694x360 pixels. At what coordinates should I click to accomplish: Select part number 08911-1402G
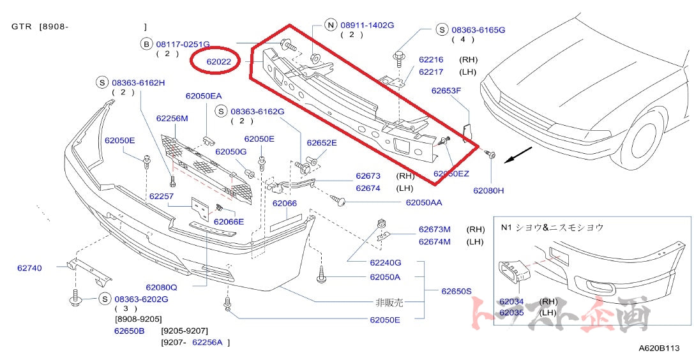[367, 26]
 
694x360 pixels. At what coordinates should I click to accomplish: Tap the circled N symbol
[330, 26]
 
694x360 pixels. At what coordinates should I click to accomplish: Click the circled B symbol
[146, 44]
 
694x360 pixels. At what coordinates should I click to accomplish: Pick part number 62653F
[446, 91]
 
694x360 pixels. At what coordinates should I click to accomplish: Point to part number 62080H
[488, 190]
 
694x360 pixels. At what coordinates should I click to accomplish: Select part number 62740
[29, 268]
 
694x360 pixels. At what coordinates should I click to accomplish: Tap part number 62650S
[456, 291]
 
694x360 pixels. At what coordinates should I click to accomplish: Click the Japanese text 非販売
[389, 303]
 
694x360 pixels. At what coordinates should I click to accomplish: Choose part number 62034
[511, 301]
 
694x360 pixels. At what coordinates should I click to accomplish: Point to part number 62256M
[172, 119]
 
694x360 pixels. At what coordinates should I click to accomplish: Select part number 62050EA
[204, 96]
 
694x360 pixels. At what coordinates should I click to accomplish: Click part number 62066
[285, 204]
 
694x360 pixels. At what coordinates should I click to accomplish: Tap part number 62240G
[385, 262]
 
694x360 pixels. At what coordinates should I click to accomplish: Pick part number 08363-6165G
[478, 30]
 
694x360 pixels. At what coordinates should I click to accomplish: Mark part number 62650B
[130, 331]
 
